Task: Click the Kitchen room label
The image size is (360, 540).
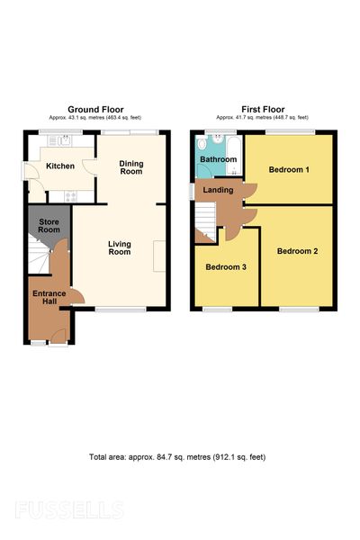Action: [60, 166]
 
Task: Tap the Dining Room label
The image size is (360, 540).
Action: [130, 167]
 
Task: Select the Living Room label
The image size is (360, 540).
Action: [120, 248]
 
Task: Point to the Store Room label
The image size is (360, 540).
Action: [49, 226]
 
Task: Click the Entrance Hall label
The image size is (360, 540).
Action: [49, 297]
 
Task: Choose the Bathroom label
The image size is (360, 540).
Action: [219, 159]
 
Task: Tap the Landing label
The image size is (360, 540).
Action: [218, 190]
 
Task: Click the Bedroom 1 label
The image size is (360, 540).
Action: [289, 169]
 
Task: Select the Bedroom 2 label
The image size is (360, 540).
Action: [297, 251]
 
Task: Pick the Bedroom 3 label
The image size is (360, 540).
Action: [226, 267]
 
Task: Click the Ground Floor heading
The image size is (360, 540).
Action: [95, 110]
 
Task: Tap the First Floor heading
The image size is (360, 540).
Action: [263, 110]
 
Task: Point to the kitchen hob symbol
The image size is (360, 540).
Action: [71, 196]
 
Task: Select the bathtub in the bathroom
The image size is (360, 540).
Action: [234, 156]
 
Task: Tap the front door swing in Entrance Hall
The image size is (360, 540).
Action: [58, 336]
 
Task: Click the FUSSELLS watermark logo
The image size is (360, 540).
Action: [69, 510]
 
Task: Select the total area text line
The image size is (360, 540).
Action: [177, 457]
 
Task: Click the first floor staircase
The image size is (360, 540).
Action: [205, 222]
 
